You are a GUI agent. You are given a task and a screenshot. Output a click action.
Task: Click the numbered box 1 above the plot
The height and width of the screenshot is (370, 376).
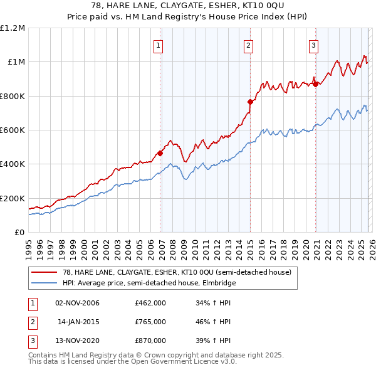158,45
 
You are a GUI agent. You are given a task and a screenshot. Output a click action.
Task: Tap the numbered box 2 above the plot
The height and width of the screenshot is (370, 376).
249,45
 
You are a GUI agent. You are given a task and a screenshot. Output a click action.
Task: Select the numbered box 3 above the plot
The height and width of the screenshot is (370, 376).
313,45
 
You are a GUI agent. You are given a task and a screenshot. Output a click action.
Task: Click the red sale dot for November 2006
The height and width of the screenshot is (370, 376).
160,152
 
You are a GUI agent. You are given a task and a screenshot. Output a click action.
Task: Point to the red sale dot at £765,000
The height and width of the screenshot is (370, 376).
251,102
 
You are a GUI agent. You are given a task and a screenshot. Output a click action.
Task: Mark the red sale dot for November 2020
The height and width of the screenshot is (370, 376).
316,85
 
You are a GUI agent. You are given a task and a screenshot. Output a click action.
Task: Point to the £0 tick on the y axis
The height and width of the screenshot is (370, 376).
19,232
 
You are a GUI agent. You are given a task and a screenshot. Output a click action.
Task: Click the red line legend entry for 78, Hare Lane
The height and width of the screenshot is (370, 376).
177,273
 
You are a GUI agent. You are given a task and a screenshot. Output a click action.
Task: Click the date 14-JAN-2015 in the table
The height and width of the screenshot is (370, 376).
77,322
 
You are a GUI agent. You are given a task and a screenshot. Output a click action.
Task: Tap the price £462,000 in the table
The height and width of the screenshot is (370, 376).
150,303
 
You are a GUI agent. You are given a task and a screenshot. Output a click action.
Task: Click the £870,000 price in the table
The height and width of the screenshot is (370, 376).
150,341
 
